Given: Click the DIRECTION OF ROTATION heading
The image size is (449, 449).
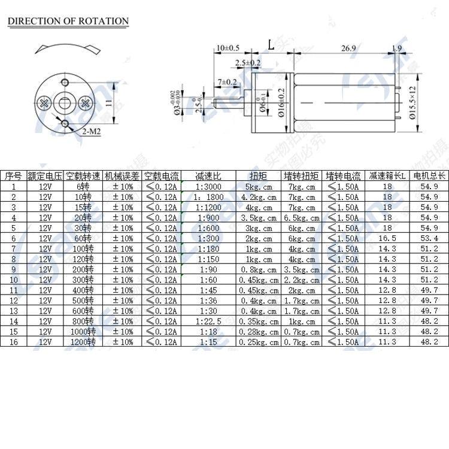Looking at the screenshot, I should tap(68, 21).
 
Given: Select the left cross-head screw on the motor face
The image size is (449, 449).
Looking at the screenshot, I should tap(44, 104).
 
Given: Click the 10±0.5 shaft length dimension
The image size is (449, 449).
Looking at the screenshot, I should tap(227, 47).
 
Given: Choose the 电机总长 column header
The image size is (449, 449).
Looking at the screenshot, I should tap(429, 176).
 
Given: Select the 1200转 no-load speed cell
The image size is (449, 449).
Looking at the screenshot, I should tap(83, 342).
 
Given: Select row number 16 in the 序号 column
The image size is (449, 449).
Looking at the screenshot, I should tap(13, 342).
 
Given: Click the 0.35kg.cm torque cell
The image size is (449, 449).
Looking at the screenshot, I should tap(259, 321).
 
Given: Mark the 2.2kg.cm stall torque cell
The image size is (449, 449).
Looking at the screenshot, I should tap(302, 280).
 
